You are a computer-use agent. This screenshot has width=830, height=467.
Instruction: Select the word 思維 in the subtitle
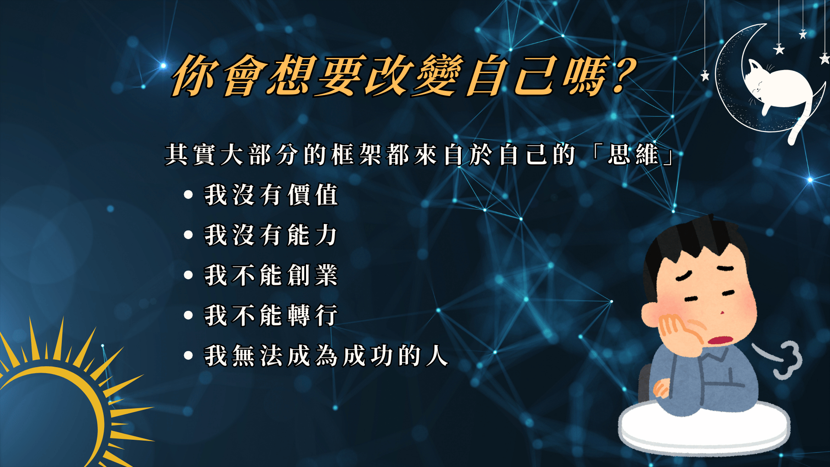633,154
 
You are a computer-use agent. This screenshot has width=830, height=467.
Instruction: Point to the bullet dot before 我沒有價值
188,195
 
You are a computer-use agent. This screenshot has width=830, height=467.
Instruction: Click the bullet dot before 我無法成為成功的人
188,355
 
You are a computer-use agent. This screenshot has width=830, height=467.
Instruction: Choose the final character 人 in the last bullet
437,355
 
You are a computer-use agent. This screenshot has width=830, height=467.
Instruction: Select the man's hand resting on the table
661,387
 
